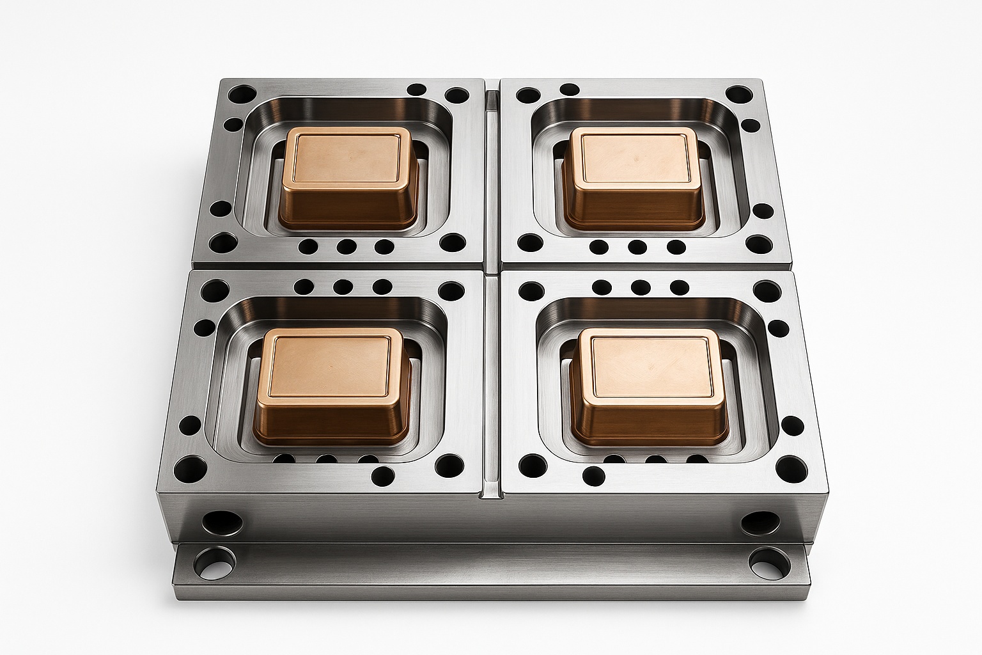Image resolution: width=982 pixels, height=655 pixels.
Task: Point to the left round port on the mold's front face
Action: [218, 521]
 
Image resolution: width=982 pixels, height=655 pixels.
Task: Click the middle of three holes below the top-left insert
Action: [347, 246]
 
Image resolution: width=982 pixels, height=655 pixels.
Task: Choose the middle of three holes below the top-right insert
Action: [637, 246]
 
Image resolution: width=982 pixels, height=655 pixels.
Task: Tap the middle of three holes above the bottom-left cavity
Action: [343, 287]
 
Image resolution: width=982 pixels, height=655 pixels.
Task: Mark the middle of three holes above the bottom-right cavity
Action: [640, 287]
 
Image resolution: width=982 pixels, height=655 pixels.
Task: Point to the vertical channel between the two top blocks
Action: [492, 173]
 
